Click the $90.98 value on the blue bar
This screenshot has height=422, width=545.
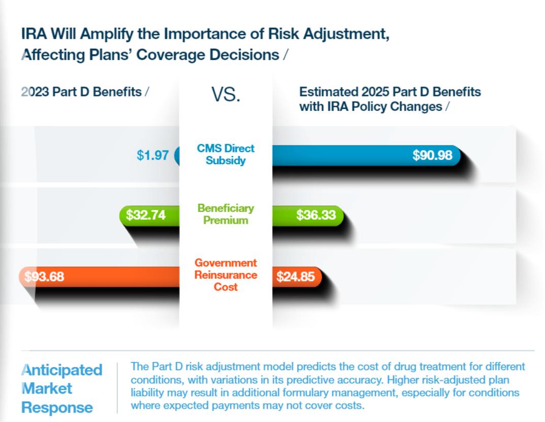(x=432, y=155)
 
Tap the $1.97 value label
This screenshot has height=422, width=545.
(x=152, y=155)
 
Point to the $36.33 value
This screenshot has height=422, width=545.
(x=316, y=215)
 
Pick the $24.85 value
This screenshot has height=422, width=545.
(x=295, y=277)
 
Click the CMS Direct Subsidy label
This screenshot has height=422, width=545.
(x=226, y=155)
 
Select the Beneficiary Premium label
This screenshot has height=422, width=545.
(x=226, y=214)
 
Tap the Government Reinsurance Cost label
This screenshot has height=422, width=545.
(x=226, y=275)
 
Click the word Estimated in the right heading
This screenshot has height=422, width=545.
(x=328, y=92)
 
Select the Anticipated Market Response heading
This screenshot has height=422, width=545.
(x=61, y=388)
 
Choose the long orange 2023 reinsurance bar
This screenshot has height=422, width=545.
(x=102, y=277)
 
